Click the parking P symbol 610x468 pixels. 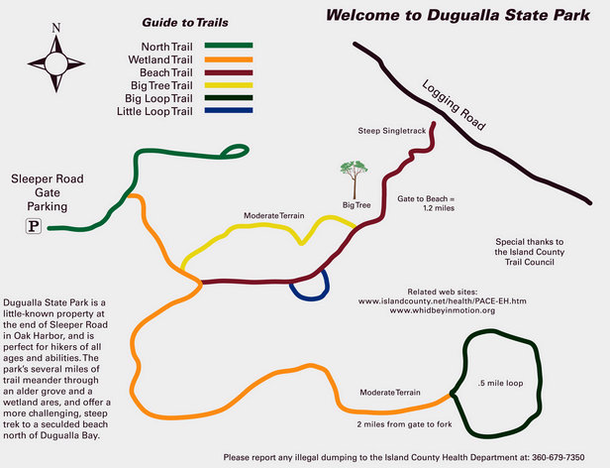34,226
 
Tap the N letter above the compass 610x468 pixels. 56,28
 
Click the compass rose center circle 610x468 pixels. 56,63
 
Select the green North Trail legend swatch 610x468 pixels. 229,46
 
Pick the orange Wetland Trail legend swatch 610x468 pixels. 229,59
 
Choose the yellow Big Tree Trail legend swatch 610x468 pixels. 229,85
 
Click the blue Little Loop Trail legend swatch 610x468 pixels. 229,111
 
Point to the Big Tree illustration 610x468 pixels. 355,179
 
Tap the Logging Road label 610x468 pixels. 454,105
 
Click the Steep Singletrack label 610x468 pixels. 392,131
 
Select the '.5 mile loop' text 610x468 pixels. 501,383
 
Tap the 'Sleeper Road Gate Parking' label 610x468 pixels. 48,192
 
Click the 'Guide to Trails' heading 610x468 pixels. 185,23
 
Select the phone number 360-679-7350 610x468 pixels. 558,457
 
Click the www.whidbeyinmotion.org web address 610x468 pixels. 443,310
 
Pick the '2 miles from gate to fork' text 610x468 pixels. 405,424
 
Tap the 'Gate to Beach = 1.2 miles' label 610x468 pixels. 426,203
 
